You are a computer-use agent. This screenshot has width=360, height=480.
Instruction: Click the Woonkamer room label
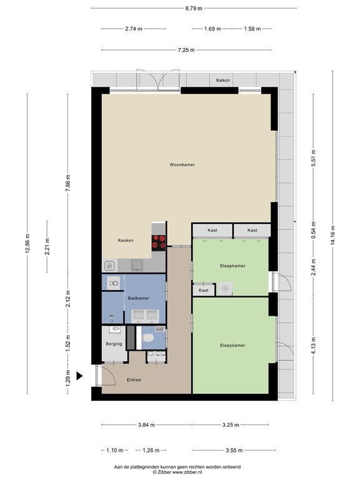(x=182, y=165)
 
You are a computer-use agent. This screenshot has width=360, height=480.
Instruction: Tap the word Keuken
(x=126, y=240)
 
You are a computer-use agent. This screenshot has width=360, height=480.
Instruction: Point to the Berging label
(x=114, y=344)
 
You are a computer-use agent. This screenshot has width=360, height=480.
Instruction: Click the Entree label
(x=134, y=380)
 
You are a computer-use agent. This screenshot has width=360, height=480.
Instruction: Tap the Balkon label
(x=223, y=80)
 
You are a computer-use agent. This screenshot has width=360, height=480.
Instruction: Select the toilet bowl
(x=149, y=339)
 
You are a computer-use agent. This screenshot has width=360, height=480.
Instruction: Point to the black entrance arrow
(x=79, y=375)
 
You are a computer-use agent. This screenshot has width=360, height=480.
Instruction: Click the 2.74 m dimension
(x=134, y=29)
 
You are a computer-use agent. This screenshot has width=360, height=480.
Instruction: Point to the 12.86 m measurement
(x=27, y=244)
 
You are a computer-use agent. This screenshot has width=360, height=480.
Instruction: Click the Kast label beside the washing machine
(x=204, y=291)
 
